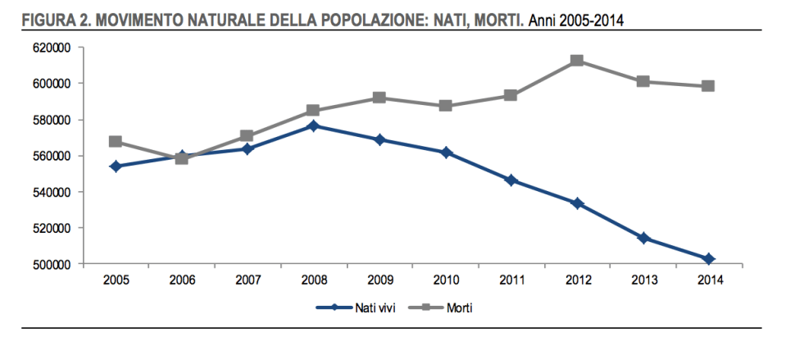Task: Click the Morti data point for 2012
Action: [576, 61]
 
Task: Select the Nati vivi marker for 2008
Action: [313, 125]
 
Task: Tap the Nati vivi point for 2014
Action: [708, 259]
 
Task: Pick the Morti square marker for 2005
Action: [116, 142]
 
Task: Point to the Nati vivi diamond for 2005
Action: [116, 166]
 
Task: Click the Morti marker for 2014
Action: [708, 86]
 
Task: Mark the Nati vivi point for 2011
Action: [511, 180]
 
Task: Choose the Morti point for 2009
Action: [379, 98]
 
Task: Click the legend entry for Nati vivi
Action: [366, 308]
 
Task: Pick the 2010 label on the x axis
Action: [445, 280]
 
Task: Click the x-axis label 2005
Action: [116, 280]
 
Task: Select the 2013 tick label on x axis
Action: [643, 280]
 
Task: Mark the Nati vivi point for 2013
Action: [643, 238]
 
